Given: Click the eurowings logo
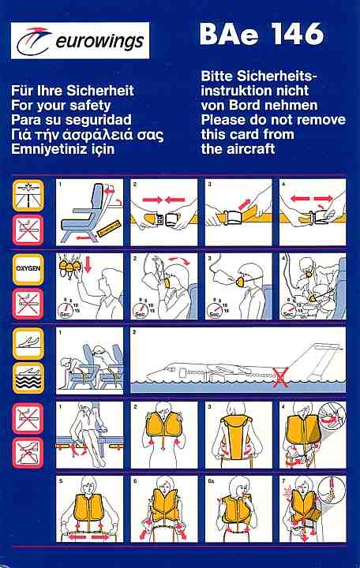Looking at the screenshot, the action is (x=80, y=40).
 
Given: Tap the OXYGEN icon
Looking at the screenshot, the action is (x=28, y=269).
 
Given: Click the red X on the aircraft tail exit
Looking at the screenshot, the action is (x=280, y=377).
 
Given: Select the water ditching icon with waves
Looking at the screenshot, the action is (x=28, y=378).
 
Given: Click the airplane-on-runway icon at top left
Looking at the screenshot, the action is (x=28, y=196).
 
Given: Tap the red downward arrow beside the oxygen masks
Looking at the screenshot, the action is (x=88, y=264).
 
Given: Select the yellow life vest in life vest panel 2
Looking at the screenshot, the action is (x=163, y=426).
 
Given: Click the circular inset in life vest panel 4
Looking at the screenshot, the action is (x=332, y=420).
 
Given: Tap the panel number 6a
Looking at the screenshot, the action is (x=212, y=481).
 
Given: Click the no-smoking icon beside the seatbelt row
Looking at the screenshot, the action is (x=28, y=230).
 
